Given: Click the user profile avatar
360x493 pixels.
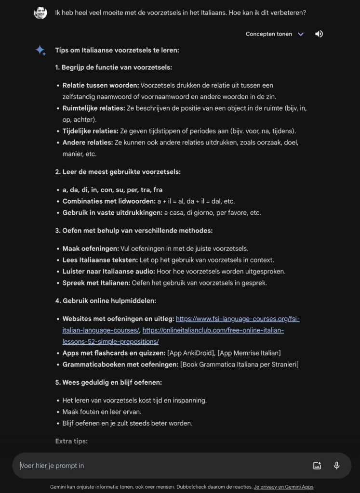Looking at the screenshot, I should [x=40, y=13].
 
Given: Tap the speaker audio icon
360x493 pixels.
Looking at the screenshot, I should [x=319, y=34].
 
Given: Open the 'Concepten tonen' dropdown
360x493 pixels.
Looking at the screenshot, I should [x=274, y=34].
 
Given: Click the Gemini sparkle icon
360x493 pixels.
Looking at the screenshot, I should [x=40, y=51].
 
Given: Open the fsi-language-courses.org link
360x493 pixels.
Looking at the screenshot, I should [x=238, y=319].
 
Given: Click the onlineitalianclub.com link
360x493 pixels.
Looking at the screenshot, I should [x=213, y=330].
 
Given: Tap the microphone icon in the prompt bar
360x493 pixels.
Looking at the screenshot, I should [x=337, y=466].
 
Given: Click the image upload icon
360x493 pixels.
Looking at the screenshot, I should [x=317, y=466].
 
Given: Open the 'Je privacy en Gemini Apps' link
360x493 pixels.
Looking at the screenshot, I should [x=283, y=487].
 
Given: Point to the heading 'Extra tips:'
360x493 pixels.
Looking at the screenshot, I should [x=71, y=441].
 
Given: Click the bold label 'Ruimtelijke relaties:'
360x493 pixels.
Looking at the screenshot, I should [x=93, y=108].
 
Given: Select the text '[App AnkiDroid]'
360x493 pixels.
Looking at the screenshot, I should [x=190, y=353].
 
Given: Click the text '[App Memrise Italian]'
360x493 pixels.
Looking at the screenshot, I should [x=249, y=353].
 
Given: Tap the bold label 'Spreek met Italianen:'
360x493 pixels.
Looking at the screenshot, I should [x=96, y=283].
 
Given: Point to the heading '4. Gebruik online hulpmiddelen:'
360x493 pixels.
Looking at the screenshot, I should [x=106, y=301].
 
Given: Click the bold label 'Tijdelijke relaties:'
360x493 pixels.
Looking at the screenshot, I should [x=90, y=131].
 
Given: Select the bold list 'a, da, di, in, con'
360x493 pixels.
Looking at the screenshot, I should [x=112, y=190].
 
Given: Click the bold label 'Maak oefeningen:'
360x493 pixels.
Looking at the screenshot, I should [x=91, y=248].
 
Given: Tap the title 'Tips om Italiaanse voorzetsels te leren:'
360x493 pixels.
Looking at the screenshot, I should [x=117, y=50].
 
